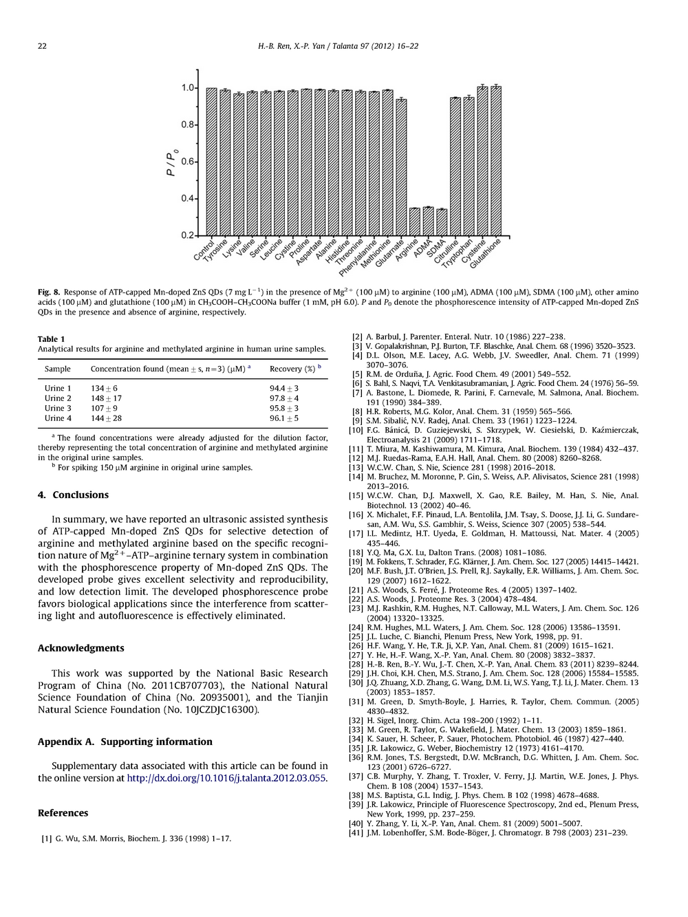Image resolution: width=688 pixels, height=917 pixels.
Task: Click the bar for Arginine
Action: point(415,222)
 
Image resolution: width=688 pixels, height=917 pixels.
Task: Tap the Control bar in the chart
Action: point(212,162)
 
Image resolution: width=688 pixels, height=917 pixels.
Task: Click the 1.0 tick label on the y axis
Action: point(188,88)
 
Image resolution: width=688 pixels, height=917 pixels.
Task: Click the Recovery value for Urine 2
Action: point(284,398)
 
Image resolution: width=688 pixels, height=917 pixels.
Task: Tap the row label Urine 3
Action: point(58,408)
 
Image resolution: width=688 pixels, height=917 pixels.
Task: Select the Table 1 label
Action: point(52,339)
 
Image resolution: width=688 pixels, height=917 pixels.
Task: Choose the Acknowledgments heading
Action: point(81,648)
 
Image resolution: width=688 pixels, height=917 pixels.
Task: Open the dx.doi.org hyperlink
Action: point(227,778)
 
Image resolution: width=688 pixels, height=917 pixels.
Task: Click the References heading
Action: point(63,812)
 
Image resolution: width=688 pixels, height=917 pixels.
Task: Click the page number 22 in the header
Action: point(42,46)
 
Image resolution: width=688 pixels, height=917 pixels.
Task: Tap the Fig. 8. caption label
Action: point(48,292)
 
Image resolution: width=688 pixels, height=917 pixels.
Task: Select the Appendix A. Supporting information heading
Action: point(125,742)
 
